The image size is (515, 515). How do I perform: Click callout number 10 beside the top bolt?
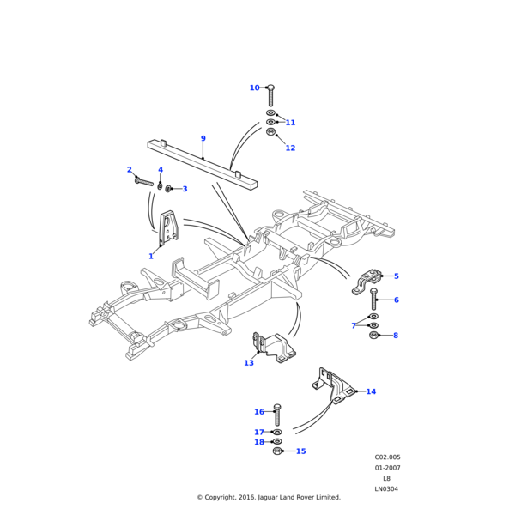click(x=254, y=88)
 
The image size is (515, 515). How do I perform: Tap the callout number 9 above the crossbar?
click(x=203, y=138)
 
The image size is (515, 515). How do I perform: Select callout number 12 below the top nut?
click(x=290, y=148)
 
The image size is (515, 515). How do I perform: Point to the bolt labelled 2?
click(x=143, y=180)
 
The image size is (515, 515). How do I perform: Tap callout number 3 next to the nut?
click(x=185, y=189)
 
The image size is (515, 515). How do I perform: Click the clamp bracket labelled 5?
click(x=370, y=280)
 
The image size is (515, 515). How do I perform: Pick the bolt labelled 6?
click(x=373, y=300)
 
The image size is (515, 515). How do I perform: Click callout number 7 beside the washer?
click(x=354, y=325)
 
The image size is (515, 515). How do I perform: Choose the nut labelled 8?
click(x=373, y=335)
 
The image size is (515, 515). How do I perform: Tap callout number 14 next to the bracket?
click(x=371, y=391)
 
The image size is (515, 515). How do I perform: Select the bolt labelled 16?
click(x=276, y=413)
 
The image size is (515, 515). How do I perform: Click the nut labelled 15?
click(x=276, y=451)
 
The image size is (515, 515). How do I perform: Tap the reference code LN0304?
click(x=386, y=489)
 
